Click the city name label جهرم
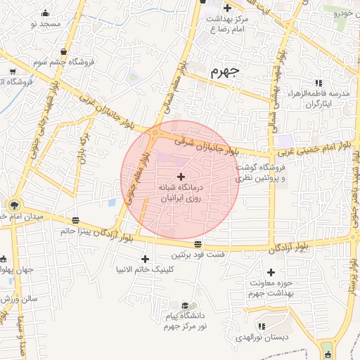[224, 70]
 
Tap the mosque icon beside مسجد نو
[46, 13]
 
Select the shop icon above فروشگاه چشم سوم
[65, 51]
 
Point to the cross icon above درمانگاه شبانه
[182, 176]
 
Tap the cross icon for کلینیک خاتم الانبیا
[146, 258]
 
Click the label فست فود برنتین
[197, 254]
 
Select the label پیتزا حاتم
[77, 231]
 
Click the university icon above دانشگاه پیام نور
[185, 306]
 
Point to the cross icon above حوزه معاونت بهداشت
[271, 272]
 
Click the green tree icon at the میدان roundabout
[14, 205]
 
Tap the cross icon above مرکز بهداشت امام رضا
[227, 8]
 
